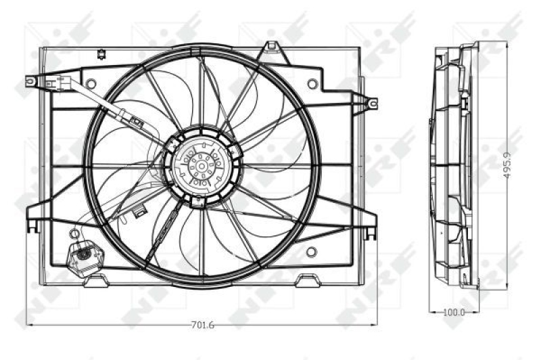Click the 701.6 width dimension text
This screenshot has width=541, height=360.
click(202, 325)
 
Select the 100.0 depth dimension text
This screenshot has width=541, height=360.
click(454, 312)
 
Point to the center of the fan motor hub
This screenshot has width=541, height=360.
click(201, 164)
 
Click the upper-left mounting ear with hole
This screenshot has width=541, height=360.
click(30, 81)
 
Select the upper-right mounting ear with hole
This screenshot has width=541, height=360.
click(371, 103)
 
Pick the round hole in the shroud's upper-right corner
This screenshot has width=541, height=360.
click(312, 84)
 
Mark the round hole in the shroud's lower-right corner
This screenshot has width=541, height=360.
click(311, 252)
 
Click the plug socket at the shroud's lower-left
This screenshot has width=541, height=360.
click(83, 255)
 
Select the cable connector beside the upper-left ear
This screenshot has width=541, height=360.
click(66, 81)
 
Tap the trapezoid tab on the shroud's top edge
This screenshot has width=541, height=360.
click(271, 47)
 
